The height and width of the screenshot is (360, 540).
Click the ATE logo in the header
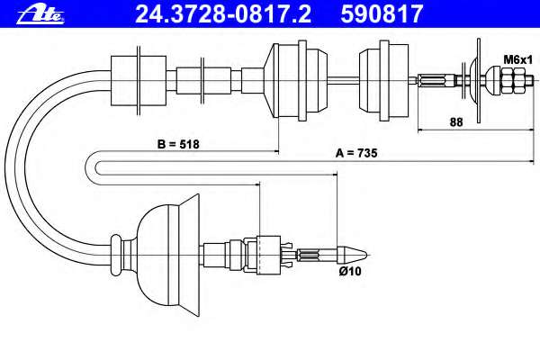[x=40, y=15]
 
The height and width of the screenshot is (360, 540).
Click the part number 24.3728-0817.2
[x=223, y=14]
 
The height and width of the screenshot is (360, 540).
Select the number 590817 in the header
[x=382, y=14]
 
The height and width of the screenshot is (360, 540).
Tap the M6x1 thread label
[x=518, y=59]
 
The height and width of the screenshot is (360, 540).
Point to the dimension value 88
[x=456, y=122]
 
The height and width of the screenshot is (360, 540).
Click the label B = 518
[x=178, y=144]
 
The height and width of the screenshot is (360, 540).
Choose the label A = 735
[x=356, y=153]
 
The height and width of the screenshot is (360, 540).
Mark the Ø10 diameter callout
[x=350, y=271]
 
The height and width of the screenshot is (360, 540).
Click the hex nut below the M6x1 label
[x=510, y=81]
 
